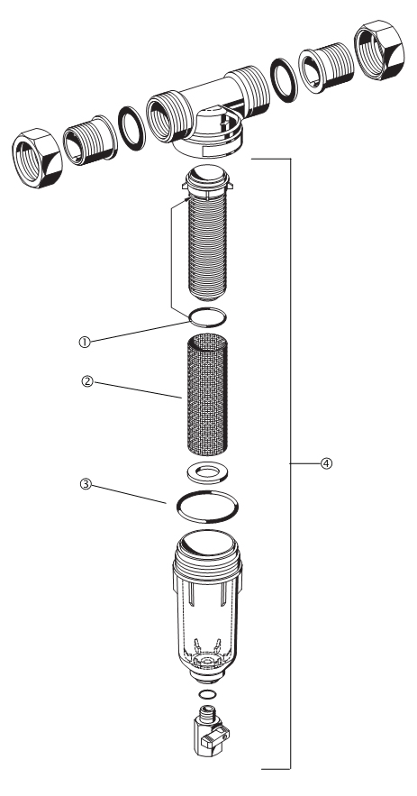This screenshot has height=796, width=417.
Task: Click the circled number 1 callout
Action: (x=85, y=343)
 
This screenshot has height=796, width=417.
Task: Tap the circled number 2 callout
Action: (x=87, y=381)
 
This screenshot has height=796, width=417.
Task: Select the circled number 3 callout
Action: (x=86, y=484)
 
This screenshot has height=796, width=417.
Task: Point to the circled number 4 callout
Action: (x=327, y=463)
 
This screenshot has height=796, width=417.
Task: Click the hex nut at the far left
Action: (x=37, y=158)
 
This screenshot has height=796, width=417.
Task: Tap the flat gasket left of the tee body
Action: (x=131, y=128)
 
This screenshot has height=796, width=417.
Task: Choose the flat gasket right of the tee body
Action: (x=284, y=80)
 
